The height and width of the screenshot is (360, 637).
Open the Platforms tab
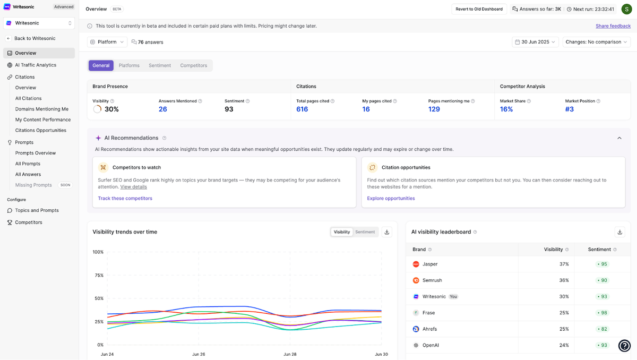point(129,65)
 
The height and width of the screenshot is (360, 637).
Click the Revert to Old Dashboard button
point(479,9)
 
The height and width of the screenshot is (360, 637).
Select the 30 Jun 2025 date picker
point(535,42)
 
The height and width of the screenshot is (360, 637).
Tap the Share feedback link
point(613,26)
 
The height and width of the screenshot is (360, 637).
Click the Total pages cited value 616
point(302,109)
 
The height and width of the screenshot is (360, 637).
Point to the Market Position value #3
point(569,109)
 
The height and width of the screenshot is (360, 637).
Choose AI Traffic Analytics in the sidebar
point(36,65)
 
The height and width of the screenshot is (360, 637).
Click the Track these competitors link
point(125,198)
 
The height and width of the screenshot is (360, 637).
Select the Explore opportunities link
point(391,198)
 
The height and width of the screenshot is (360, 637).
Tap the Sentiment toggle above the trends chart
point(365,232)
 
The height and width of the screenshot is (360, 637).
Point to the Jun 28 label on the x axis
point(290,354)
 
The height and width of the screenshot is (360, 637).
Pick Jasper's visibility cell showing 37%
point(564,264)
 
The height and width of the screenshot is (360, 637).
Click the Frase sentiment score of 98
point(602,313)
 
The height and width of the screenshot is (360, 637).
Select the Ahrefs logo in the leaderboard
point(416,329)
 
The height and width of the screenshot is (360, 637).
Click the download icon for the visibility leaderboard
point(619,232)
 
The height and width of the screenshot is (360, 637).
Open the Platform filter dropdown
point(107,42)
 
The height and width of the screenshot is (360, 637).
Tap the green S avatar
point(626,9)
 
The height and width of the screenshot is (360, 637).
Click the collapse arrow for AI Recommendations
point(619,138)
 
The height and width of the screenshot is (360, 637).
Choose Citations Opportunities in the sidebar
point(41,131)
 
